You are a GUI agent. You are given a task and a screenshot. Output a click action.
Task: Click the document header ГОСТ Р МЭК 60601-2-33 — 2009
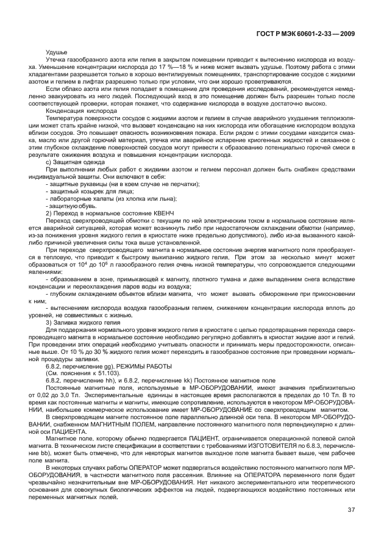(307, 34)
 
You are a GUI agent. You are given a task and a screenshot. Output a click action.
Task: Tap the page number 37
(351, 510)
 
